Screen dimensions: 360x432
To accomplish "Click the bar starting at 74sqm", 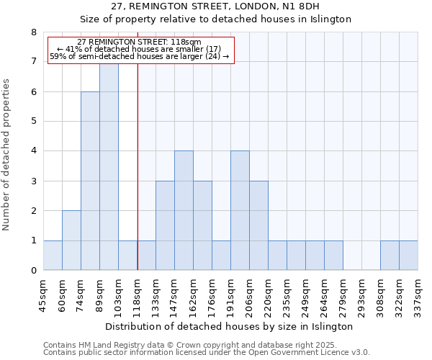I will tap(90, 181).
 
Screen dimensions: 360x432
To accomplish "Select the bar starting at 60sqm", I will tap(71, 240).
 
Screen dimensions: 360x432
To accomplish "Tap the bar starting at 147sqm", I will tap(184, 210).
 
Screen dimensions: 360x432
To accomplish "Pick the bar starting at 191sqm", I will tap(240, 210).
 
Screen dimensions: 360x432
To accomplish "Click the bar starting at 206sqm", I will tap(258, 225).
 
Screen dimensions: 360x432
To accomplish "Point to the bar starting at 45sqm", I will tap(53, 256).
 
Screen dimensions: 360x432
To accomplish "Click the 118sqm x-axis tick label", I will tap(138, 295).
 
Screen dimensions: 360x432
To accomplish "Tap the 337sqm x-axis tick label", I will tap(418, 295).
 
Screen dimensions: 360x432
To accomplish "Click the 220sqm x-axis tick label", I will tap(269, 295).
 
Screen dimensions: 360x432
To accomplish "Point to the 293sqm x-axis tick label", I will tap(362, 295).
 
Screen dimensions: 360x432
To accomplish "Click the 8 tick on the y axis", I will tap(33, 32).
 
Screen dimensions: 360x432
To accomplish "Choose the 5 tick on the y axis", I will tap(33, 122).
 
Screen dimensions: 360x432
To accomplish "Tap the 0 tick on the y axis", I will tap(33, 271).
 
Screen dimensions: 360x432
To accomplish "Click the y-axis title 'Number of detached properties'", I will tap(7, 156).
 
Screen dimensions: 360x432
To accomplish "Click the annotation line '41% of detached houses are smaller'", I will tap(141, 49).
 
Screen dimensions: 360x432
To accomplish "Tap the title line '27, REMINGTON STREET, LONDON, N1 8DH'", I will tap(230, 6).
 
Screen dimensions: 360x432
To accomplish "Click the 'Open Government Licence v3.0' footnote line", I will tap(207, 352).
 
